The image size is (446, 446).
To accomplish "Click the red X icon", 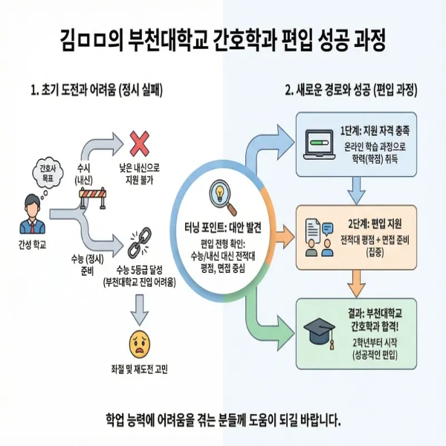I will [x=139, y=142].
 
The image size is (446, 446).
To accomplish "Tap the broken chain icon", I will [x=139, y=241].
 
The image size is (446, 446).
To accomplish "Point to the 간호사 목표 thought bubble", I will [x=46, y=172].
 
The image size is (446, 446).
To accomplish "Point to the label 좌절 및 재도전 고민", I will [x=139, y=369].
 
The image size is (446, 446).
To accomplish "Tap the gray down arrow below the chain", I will [x=139, y=305].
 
